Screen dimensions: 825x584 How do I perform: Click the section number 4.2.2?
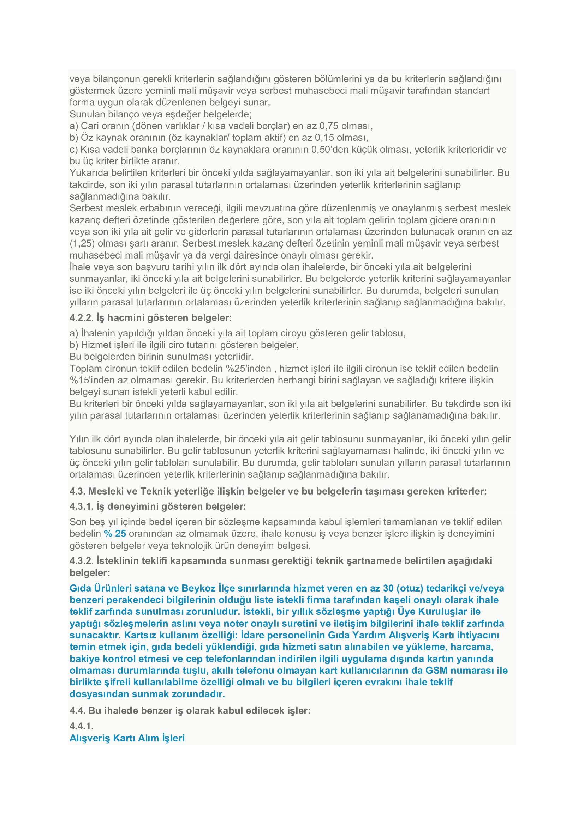coord(82,318)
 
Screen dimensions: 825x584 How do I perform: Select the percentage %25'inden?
coord(249,369)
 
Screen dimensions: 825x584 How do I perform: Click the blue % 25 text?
coord(115,534)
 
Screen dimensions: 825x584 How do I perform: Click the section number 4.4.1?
coord(82,726)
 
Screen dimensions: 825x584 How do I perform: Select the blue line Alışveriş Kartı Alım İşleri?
coord(127,738)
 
